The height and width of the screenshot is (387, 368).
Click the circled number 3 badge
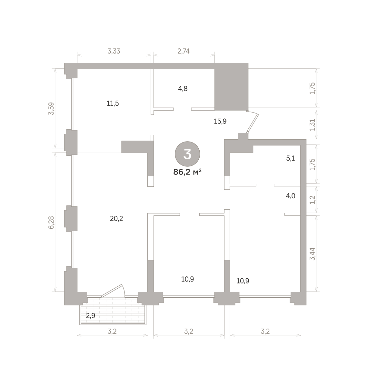[x=187, y=154]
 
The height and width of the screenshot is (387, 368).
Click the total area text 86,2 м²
[x=187, y=172]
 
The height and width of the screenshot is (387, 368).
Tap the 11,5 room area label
[x=113, y=103]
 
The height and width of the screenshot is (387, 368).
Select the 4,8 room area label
[x=183, y=89]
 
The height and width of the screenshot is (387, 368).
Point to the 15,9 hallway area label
[x=220, y=121]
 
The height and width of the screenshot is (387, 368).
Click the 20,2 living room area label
[x=116, y=219]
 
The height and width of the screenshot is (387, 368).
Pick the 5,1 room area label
[x=290, y=158]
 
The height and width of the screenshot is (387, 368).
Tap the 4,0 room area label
[x=290, y=196]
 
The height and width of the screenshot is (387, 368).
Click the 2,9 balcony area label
[x=91, y=316]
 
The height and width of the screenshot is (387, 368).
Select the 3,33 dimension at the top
[x=114, y=51]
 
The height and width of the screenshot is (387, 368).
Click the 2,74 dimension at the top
[x=184, y=51]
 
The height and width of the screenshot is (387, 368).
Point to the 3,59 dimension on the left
[x=51, y=108]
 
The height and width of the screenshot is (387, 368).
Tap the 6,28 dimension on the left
[x=51, y=223]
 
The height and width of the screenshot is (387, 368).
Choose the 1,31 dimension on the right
[x=313, y=125]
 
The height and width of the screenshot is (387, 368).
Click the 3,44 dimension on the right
[x=313, y=254]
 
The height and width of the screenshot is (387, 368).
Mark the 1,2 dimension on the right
[x=313, y=200]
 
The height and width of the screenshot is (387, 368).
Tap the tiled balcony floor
[x=113, y=311]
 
